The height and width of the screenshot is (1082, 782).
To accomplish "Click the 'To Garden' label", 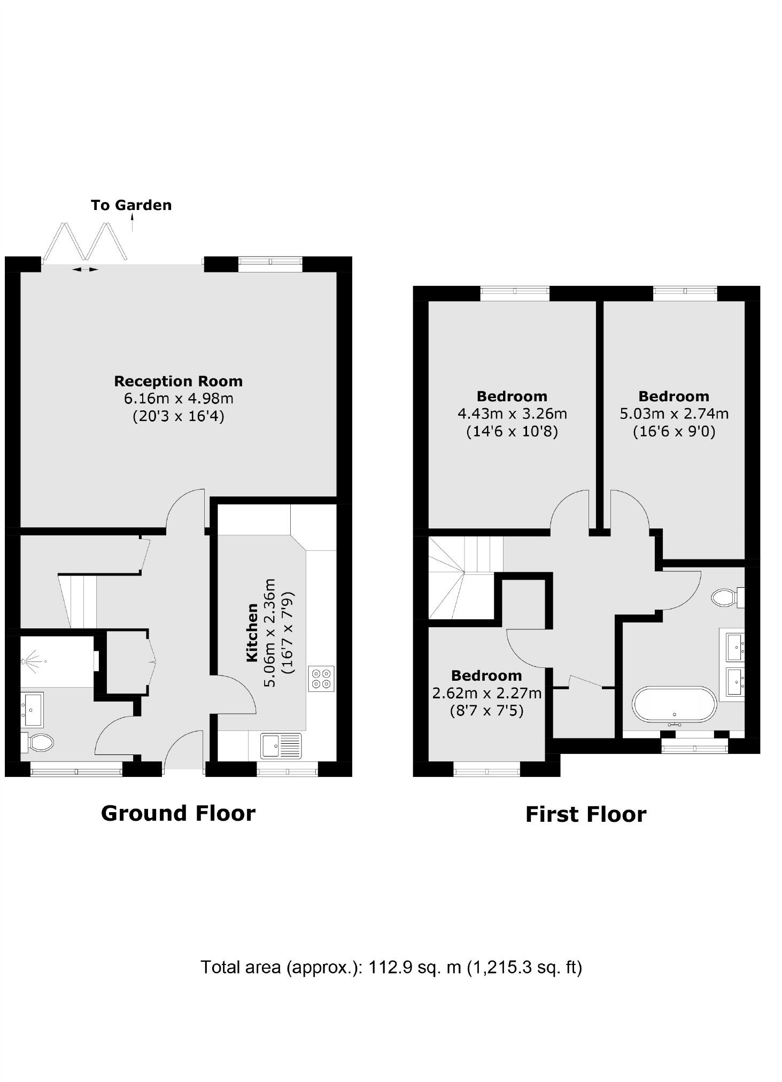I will tap(131, 205).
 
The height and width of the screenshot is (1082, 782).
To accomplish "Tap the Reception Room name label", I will tap(178, 381).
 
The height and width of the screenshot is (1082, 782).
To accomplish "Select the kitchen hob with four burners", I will tap(321, 679).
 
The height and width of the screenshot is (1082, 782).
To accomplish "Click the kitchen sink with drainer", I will tap(281, 746).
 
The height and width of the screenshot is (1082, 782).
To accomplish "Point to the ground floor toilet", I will tap(38, 742).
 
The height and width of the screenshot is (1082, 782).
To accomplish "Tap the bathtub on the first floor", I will tap(674, 705).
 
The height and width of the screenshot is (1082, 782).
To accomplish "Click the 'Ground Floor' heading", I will tap(178, 813).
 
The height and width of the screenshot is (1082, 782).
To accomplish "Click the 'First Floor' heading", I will tap(586, 814).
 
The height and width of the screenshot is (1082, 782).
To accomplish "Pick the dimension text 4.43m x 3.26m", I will tap(512, 414).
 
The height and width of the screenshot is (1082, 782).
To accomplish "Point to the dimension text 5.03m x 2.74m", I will tap(674, 414).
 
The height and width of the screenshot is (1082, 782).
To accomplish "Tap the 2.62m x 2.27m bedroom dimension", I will tap(486, 693).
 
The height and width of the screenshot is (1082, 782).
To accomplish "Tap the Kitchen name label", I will tap(252, 633).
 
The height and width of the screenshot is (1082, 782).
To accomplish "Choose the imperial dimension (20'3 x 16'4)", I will tap(178, 416).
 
